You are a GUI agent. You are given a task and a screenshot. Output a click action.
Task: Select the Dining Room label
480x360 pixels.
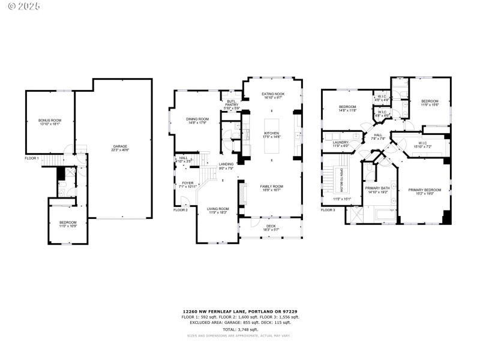pyautogui.click(x=197, y=121)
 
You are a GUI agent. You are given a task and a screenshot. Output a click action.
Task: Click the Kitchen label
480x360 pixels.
pyautogui.click(x=272, y=135)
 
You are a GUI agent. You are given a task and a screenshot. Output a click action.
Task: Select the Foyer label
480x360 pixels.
pyautogui.click(x=188, y=185)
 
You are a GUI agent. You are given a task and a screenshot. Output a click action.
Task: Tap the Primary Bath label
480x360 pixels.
pyautogui.click(x=377, y=190)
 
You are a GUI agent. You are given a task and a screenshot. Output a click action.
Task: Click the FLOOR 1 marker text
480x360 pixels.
pyautogui.click(x=32, y=158)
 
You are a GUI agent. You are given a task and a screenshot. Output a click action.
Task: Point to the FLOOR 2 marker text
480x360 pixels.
pyautogui.click(x=181, y=210)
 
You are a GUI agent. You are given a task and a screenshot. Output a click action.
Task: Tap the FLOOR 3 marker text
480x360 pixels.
pyautogui.click(x=328, y=210)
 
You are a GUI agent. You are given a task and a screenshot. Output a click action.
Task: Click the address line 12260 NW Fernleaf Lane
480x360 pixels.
pyautogui.click(x=240, y=311)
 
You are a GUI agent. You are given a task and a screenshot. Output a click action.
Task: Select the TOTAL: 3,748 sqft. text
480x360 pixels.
pyautogui.click(x=240, y=329)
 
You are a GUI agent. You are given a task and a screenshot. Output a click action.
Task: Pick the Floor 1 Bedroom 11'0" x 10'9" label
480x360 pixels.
pyautogui.click(x=68, y=224)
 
